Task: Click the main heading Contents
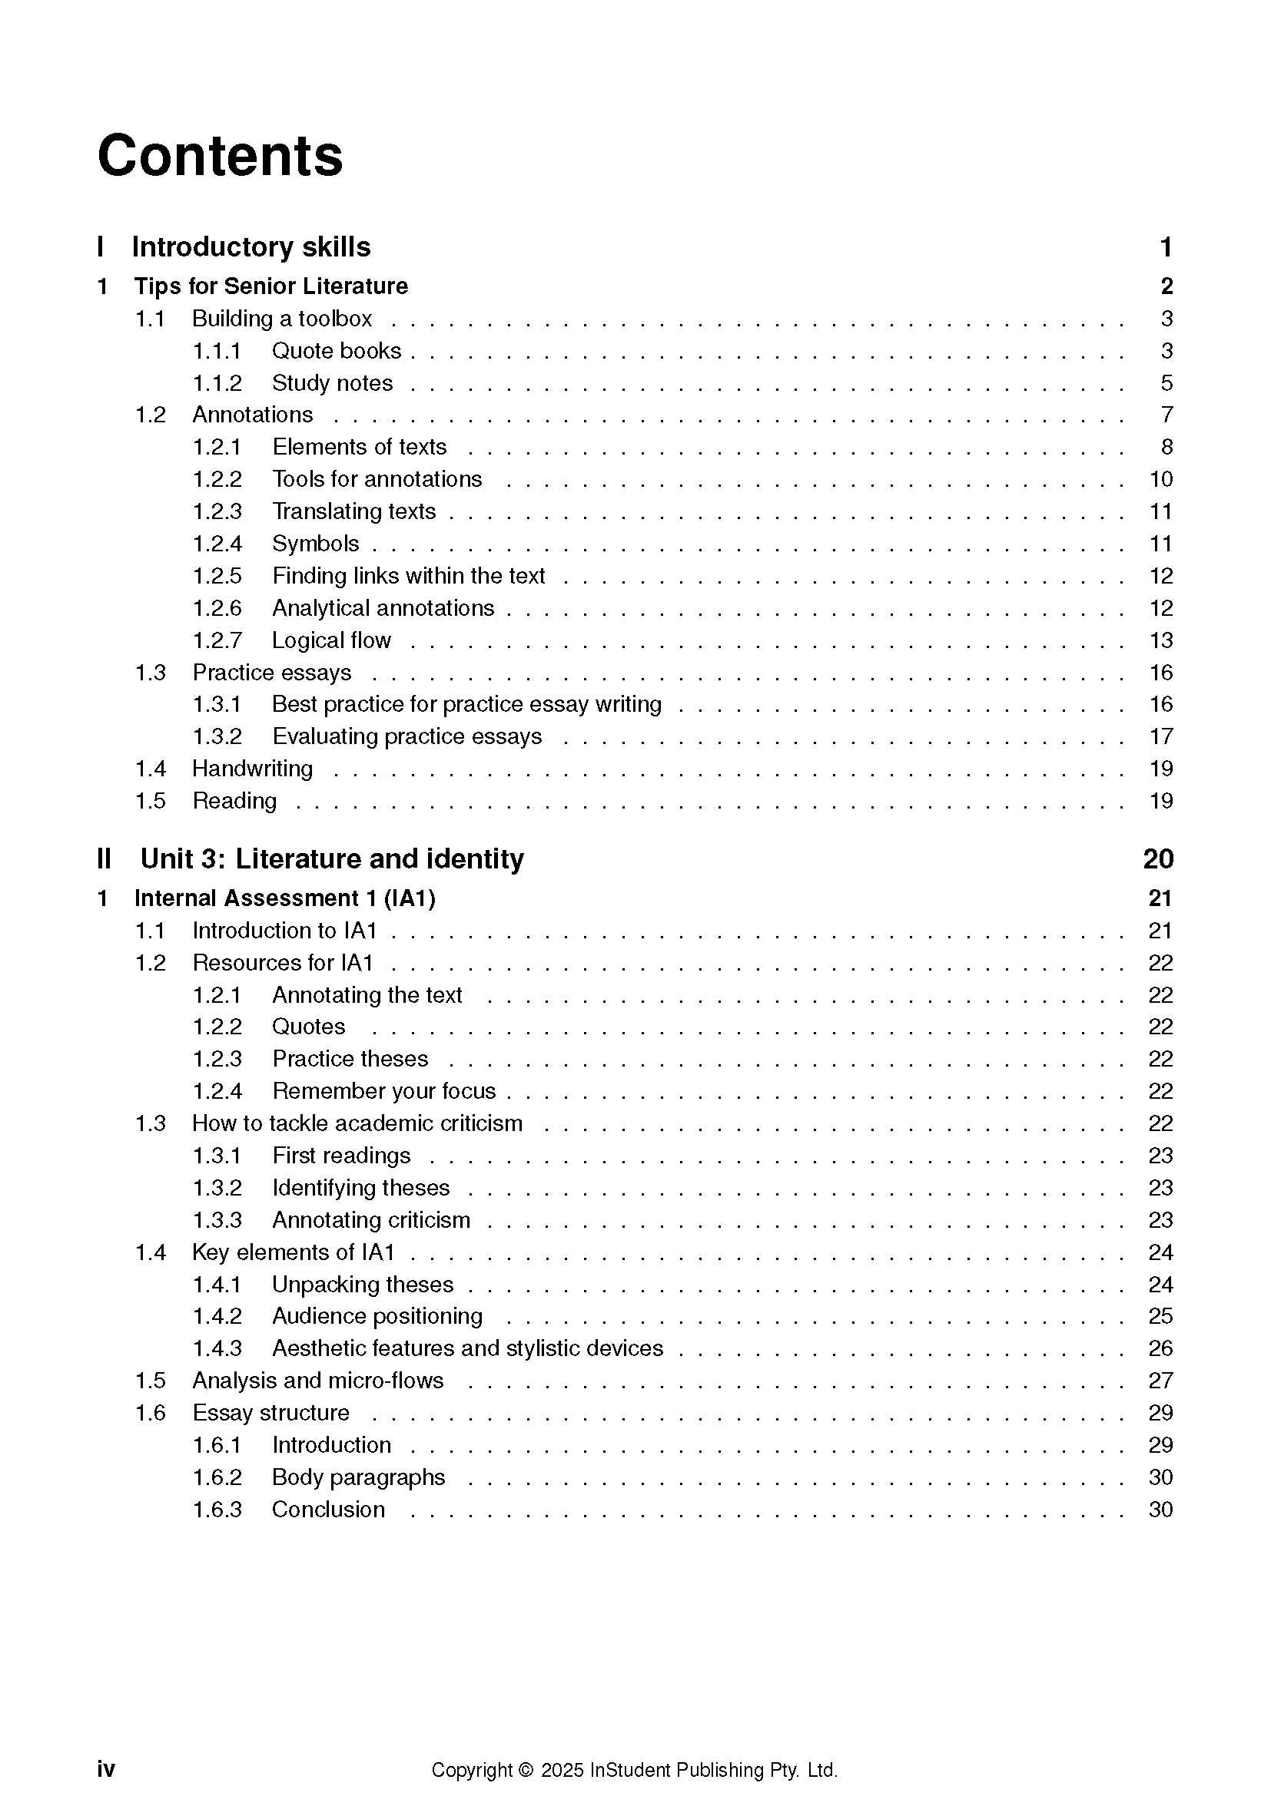pos(220,156)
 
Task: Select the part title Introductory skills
pos(251,246)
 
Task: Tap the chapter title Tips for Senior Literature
pos(270,286)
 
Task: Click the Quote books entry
pos(337,350)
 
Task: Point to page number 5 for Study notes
pos(1166,382)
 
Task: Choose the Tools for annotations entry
pos(377,478)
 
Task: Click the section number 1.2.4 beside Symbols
pos(217,544)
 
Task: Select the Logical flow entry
pos(331,640)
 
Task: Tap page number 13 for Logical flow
pos(1160,640)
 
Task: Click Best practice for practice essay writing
pos(466,704)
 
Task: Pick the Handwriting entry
pos(252,768)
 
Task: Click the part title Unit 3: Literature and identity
pos(332,859)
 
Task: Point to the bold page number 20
pos(1157,859)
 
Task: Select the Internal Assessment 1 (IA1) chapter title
pos(285,898)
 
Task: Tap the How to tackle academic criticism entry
pos(357,1123)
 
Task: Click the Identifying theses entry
pos(361,1187)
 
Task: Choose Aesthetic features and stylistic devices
pos(467,1348)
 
